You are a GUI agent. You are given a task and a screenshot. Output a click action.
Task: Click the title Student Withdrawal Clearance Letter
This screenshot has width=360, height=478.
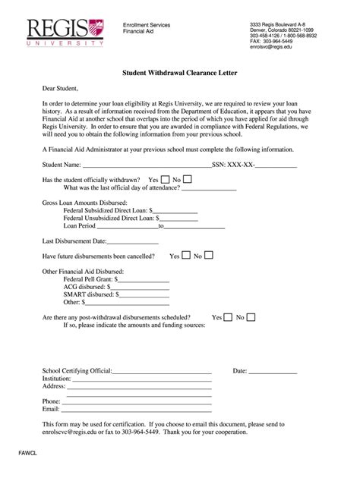click(179, 74)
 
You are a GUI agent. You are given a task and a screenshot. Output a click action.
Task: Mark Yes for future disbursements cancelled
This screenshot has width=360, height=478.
click(186, 256)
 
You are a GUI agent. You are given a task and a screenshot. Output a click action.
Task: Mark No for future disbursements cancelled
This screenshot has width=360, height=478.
click(209, 256)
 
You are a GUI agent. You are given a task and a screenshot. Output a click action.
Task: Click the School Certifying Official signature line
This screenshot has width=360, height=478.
click(163, 371)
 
